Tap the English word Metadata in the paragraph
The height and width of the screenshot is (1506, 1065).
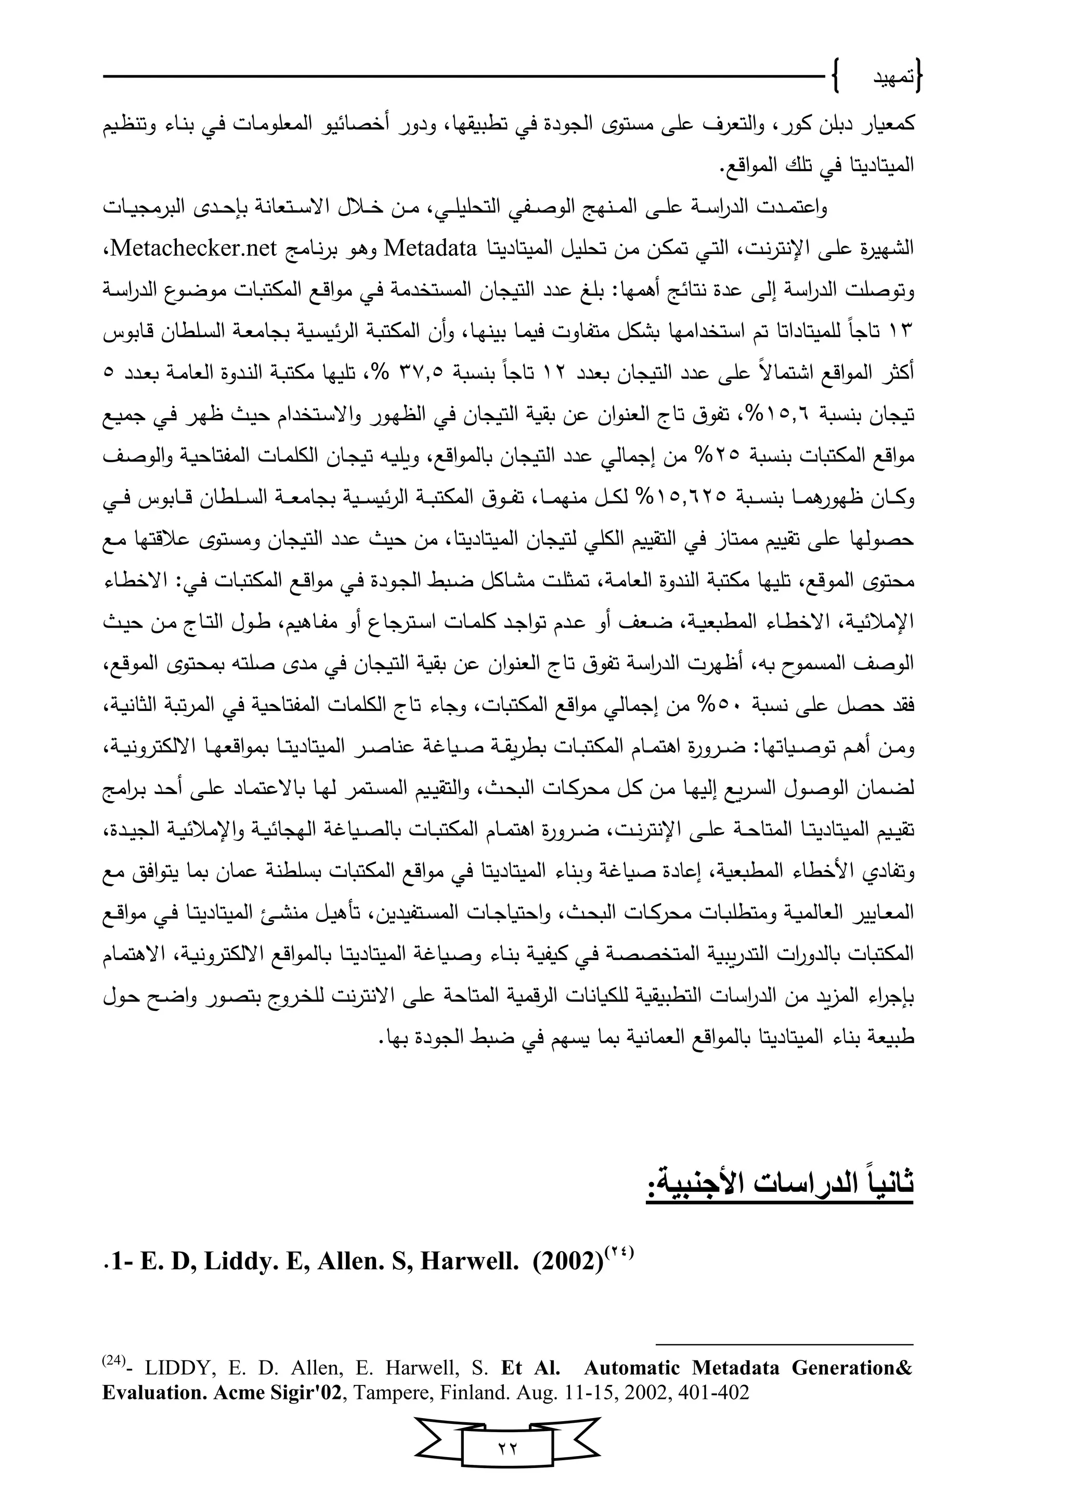pyautogui.click(x=430, y=249)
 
